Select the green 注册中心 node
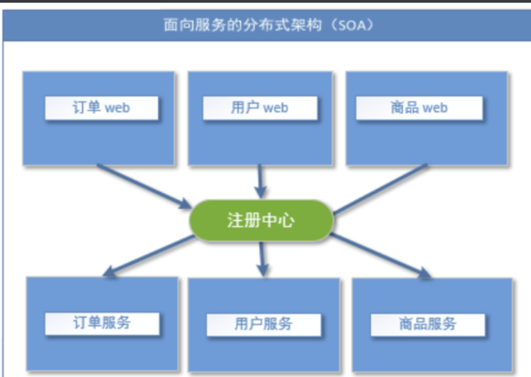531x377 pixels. tap(261, 221)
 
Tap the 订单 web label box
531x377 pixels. tap(102, 108)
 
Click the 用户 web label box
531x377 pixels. tap(260, 108)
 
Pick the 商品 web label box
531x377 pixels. tap(419, 108)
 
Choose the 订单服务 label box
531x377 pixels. tap(102, 323)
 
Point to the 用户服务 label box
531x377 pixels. tap(264, 324)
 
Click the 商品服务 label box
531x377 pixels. tap(428, 324)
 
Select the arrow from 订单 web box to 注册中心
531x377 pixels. tap(141, 185)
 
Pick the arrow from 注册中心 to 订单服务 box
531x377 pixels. tap(149, 255)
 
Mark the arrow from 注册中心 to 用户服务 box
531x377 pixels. tap(263, 257)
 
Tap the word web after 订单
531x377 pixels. tap(117, 108)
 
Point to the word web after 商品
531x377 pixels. tap(435, 108)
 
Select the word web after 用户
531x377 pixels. tap(276, 108)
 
